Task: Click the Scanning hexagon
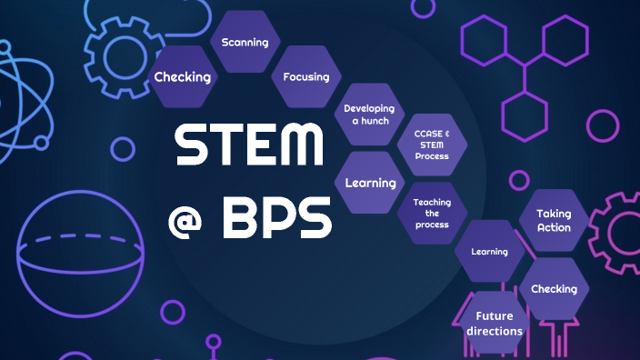[245, 43]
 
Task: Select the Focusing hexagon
[306, 77]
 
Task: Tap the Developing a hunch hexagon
[368, 114]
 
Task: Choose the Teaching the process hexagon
[431, 213]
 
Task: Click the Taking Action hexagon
[554, 221]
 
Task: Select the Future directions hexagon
[494, 323]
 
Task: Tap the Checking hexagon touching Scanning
[182, 77]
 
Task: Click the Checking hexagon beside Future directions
[554, 289]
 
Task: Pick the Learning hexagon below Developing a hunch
[370, 183]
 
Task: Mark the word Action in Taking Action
[554, 228]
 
